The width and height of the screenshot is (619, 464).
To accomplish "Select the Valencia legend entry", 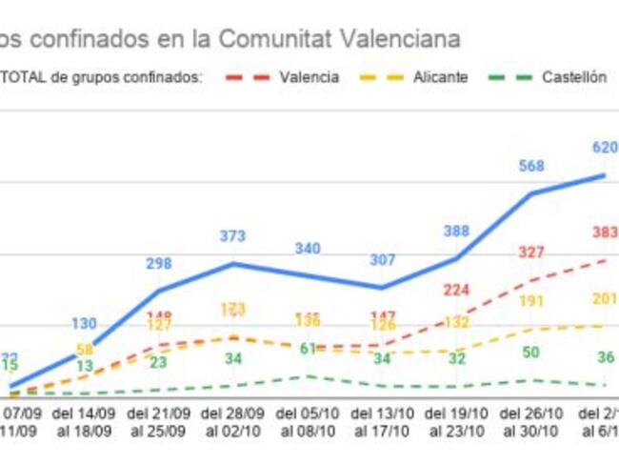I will tap(308, 77).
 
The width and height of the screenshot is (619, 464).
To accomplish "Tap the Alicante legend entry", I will tap(440, 77).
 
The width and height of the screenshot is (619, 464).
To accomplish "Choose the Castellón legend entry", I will tap(573, 77).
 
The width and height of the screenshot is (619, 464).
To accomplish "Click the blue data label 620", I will tap(605, 148).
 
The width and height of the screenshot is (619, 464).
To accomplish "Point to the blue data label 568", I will tap(531, 166).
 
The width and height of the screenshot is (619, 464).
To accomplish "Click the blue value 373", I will tap(233, 236).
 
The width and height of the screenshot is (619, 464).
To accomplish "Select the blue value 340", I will tap(308, 248).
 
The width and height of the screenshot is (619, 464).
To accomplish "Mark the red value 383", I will tap(605, 232).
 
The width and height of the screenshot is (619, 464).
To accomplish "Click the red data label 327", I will tap(531, 252).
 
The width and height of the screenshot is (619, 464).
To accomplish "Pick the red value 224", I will tap(457, 291).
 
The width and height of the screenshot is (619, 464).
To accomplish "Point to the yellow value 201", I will tap(605, 299).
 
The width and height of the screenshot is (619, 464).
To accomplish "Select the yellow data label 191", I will tap(531, 301).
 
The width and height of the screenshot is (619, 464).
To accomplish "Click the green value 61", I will tap(308, 349).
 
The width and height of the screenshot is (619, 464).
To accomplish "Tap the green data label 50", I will tap(531, 353).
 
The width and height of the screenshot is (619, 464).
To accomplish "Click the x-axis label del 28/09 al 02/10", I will tap(233, 423).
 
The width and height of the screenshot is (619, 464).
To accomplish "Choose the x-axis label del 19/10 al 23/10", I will tap(456, 423).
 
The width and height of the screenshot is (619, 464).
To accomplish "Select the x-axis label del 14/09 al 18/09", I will tap(85, 423).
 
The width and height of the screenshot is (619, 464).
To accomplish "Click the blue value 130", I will tap(85, 324).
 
